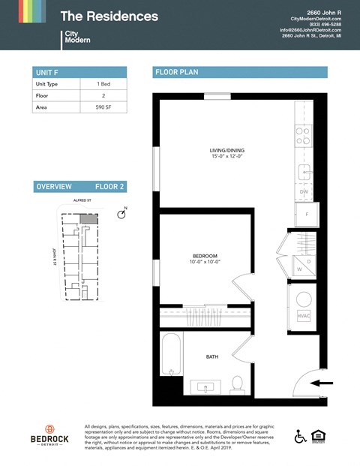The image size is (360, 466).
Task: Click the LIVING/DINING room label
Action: point(226,154)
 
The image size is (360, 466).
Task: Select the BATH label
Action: point(212,357)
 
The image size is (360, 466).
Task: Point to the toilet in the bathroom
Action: point(237,384)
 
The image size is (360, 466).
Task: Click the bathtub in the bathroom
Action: point(171,357)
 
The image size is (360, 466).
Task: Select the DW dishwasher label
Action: point(304,192)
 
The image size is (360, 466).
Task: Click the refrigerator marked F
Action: point(307,215)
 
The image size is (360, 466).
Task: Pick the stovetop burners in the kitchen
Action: point(303,135)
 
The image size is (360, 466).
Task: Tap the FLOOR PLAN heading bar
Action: point(240,72)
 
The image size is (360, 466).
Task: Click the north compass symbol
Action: point(121,215)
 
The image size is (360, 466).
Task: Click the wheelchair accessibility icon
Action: point(300,436)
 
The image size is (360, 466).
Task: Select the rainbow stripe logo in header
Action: point(22,11)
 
